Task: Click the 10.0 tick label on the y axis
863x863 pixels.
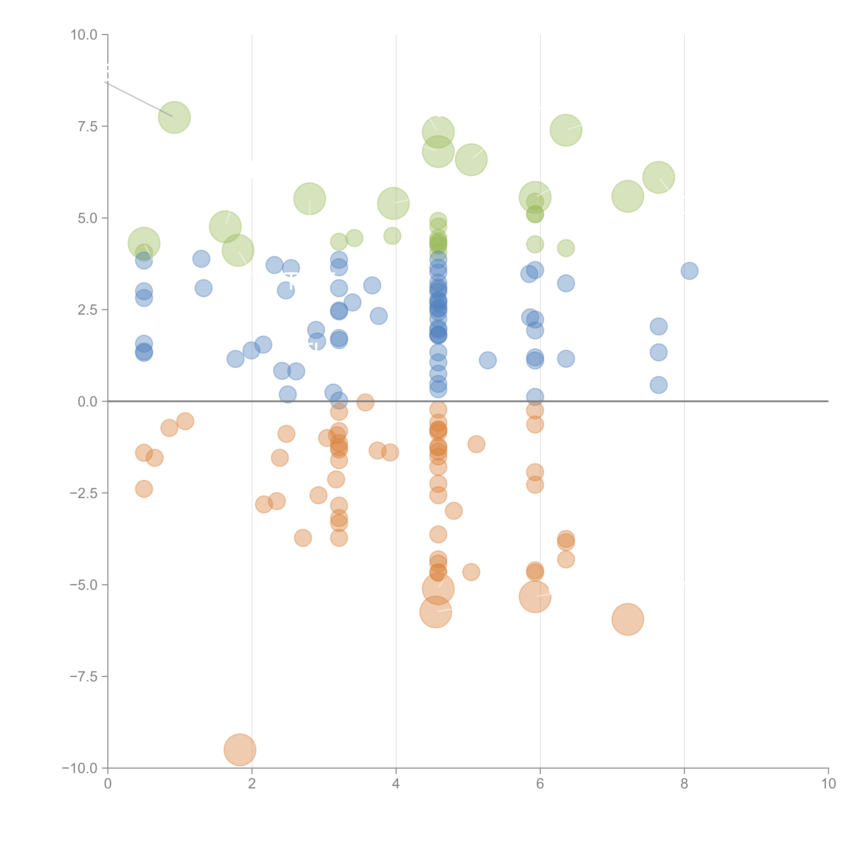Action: click(84, 35)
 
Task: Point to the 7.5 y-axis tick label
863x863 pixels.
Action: click(88, 126)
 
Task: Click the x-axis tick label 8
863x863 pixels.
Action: click(684, 784)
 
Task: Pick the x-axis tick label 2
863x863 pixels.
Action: click(252, 784)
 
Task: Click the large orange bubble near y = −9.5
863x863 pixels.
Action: click(240, 750)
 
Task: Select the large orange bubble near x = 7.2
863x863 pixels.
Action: click(628, 619)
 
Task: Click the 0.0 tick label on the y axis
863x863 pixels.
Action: click(88, 402)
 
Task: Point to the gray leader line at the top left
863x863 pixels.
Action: click(138, 99)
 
